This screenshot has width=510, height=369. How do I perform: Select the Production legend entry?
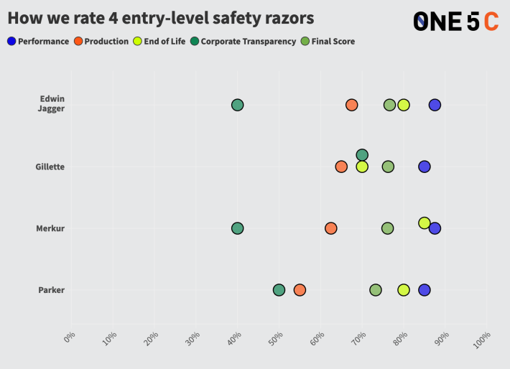(101, 42)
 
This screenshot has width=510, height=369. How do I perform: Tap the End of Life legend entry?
(159, 42)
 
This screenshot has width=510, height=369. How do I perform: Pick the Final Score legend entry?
(328, 42)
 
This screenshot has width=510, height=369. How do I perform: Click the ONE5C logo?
(455, 22)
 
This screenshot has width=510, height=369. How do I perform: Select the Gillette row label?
(50, 167)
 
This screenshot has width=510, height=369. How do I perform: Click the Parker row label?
(51, 290)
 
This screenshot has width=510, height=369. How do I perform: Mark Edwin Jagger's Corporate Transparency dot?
(237, 105)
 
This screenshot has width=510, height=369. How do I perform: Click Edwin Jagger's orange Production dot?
(351, 105)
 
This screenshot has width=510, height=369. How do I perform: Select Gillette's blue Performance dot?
(425, 167)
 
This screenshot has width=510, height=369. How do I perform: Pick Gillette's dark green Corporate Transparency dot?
(362, 155)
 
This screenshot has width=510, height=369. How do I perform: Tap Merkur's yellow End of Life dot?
(425, 223)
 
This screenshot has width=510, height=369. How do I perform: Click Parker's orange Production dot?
(300, 290)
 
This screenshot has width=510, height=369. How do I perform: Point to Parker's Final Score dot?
(376, 290)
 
